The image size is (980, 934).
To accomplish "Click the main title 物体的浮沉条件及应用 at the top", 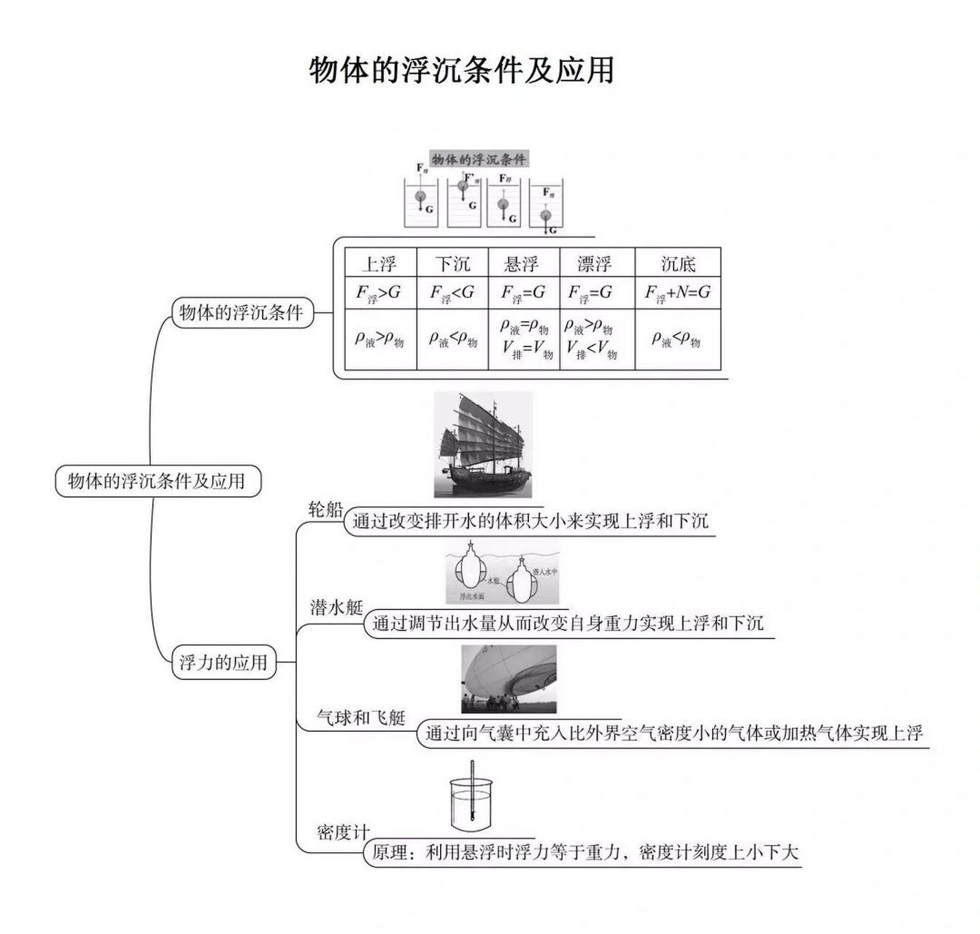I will coord(461,71).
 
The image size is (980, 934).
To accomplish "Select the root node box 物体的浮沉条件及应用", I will coord(158,482).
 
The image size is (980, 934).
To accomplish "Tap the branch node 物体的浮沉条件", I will coord(242,313).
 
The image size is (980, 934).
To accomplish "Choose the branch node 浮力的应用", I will coord(224,663).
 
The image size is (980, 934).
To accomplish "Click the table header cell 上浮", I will coord(379,263).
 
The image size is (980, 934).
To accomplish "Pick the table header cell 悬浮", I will coord(522,263).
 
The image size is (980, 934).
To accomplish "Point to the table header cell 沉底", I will coord(678,263).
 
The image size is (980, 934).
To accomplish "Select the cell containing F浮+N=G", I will coord(678,293).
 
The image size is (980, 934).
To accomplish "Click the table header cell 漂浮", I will coord(595,263).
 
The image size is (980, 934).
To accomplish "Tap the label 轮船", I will coord(325,509).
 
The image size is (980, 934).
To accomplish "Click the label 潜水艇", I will coord(336,607).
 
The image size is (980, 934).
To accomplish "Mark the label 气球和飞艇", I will coord(361,717).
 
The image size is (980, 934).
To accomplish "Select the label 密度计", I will coord(343,832).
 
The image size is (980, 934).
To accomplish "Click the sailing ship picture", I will coord(483,445).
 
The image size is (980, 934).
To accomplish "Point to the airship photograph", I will coord(509,679).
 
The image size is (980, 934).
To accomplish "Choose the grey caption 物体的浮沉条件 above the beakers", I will coord(478,160).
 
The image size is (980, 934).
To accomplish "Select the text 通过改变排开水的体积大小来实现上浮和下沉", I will coord(530,521).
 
